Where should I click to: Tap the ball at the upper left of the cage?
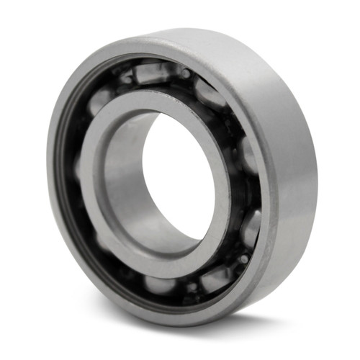tap(101, 101)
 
